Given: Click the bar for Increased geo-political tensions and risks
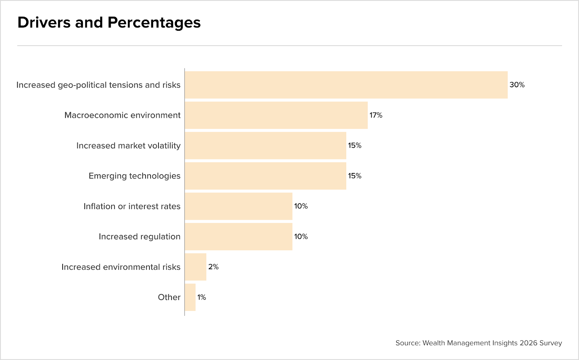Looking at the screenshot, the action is [346, 85].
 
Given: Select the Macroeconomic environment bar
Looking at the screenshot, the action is [276, 115].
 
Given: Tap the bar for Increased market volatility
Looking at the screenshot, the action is [266, 145].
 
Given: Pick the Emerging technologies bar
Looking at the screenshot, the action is [266, 176].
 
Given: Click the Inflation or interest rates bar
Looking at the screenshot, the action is [238, 206].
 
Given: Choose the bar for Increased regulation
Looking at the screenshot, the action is [238, 237].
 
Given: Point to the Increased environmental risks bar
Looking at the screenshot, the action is [196, 267].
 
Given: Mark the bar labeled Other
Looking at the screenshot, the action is [190, 297].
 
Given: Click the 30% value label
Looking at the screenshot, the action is [517, 85].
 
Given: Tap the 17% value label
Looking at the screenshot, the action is [376, 115].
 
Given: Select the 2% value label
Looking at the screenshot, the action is [214, 267].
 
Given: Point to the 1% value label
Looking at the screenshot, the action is [202, 297].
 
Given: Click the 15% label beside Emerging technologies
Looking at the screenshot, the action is [355, 176].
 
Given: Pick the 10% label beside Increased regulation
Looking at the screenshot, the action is [301, 237].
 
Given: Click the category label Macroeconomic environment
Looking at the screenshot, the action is [122, 115].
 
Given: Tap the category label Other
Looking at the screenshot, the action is [169, 297].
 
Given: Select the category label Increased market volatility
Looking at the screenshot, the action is [128, 146].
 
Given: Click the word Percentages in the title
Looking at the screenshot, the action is [154, 23].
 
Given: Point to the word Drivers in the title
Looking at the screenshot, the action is [44, 22].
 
